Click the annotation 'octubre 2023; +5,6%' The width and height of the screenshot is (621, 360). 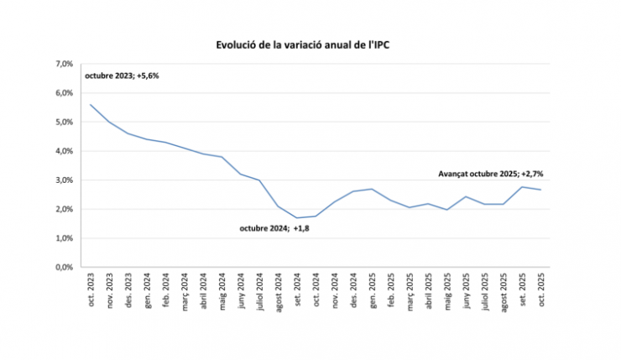pyautogui.click(x=123, y=76)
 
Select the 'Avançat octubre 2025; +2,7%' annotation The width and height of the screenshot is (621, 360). pyautogui.click(x=492, y=173)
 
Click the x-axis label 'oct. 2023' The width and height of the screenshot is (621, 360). pyautogui.click(x=91, y=290)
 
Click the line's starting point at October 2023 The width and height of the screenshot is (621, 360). pyautogui.click(x=91, y=105)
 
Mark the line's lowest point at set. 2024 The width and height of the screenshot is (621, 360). pyautogui.click(x=297, y=218)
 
